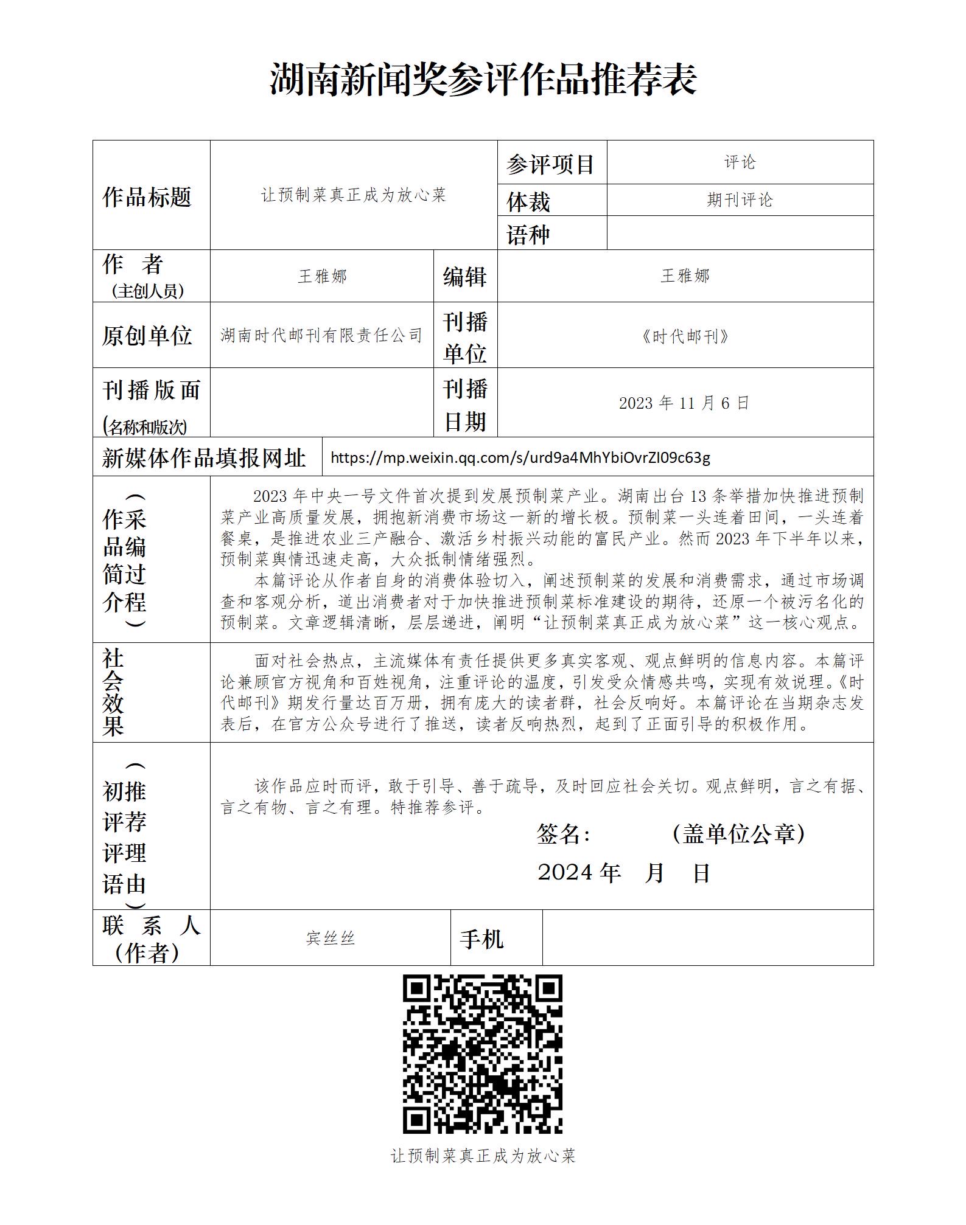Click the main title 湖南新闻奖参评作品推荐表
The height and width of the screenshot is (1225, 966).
pos(483,80)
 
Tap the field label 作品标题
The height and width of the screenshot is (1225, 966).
pos(147,197)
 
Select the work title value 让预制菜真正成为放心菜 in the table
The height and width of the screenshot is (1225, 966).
pos(354,195)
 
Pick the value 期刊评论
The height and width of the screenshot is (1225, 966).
pos(740,200)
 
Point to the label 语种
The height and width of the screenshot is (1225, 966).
pos(528,235)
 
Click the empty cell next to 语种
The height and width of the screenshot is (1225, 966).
pos(740,233)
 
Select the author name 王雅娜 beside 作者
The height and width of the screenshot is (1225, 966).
pos(322,277)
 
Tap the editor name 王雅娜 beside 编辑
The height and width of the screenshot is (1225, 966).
pos(685,276)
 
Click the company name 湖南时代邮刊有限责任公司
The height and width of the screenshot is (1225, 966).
pos(321,335)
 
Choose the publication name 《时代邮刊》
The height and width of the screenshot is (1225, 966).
pos(685,336)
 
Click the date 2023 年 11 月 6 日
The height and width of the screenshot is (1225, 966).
pos(684,403)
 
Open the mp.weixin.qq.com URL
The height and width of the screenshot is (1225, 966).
pos(520,457)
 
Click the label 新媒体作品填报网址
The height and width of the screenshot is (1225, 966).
pos(204,458)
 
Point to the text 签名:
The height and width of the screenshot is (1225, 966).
pos(563,835)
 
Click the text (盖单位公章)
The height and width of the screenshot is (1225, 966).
pos(739,834)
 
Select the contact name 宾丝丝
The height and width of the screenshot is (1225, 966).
pos(331,939)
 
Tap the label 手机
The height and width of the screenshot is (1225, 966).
pos(481,939)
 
